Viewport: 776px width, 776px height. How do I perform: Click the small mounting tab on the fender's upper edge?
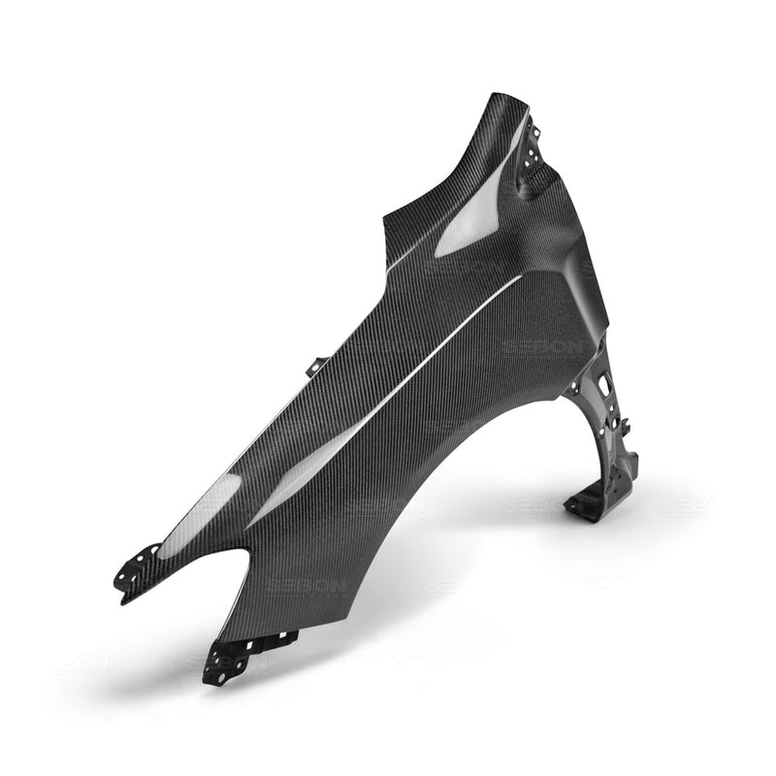[x=315, y=368]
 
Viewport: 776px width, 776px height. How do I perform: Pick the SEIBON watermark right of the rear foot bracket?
[x=684, y=505]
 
